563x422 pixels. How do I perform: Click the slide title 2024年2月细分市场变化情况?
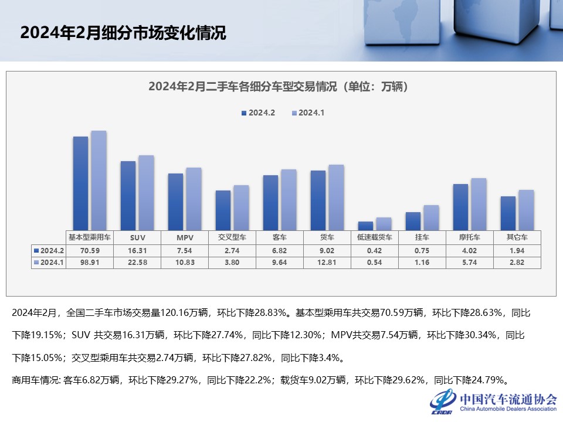coord(123,33)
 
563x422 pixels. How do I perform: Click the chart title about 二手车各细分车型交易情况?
coord(278,87)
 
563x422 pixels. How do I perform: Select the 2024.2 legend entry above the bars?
coord(258,113)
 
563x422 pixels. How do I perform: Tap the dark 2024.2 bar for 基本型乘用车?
coord(80,183)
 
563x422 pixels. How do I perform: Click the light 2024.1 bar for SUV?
coord(145,192)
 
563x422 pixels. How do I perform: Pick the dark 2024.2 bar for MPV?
coord(175,201)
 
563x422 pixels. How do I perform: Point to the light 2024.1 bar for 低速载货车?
coord(384,223)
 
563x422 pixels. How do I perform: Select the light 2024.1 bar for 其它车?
coord(526,209)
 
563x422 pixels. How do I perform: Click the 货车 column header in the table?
coord(327,237)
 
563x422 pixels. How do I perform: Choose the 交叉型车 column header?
coord(232,237)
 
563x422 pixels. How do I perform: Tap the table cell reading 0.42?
coord(374,250)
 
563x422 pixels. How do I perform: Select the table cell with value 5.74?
coord(469,262)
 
